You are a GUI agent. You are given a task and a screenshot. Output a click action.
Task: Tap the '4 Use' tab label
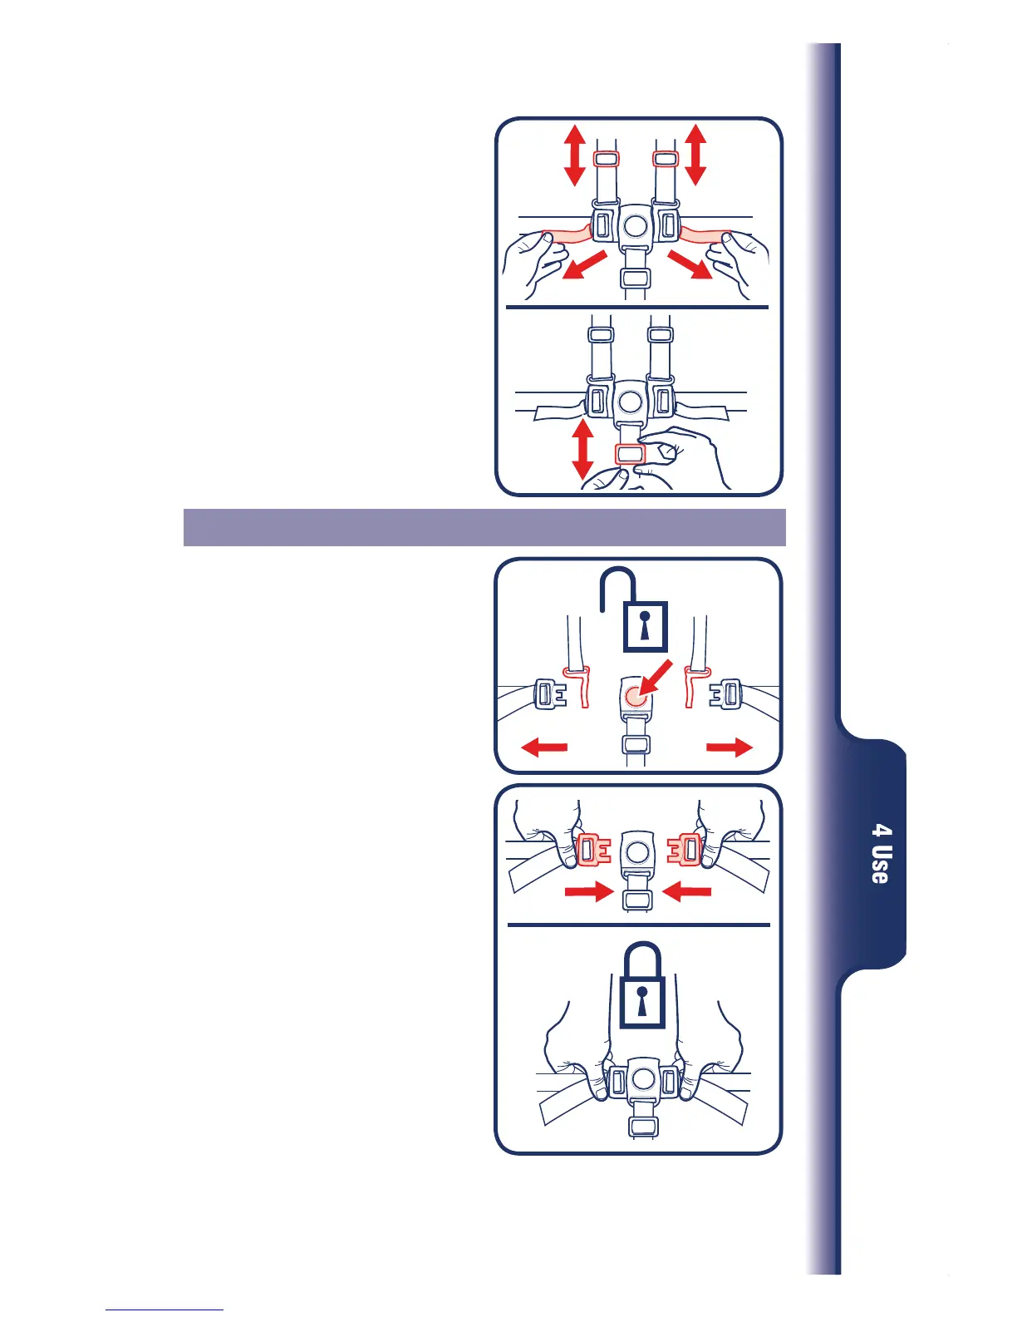pyautogui.click(x=881, y=854)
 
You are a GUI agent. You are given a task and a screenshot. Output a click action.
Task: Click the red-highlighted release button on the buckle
pyautogui.click(x=636, y=697)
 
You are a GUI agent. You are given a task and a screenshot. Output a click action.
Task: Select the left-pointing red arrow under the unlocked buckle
pyautogui.click(x=544, y=747)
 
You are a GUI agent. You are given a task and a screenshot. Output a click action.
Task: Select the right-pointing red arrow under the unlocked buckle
pyautogui.click(x=730, y=747)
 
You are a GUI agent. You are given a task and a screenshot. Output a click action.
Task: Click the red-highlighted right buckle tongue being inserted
pyautogui.click(x=685, y=850)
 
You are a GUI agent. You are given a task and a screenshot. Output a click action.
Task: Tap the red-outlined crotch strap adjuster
pyautogui.click(x=630, y=454)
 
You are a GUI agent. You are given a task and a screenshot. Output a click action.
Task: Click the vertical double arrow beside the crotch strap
pyautogui.click(x=583, y=449)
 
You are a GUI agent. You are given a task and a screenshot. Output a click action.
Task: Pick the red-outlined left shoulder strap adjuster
pyautogui.click(x=606, y=159)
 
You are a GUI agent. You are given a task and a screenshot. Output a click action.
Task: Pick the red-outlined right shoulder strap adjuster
pyautogui.click(x=666, y=158)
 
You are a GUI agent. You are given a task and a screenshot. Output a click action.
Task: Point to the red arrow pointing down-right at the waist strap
pyautogui.click(x=690, y=266)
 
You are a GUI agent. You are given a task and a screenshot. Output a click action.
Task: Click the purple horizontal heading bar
pyautogui.click(x=484, y=527)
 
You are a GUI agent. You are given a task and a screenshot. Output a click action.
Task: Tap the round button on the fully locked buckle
pyautogui.click(x=641, y=1080)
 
